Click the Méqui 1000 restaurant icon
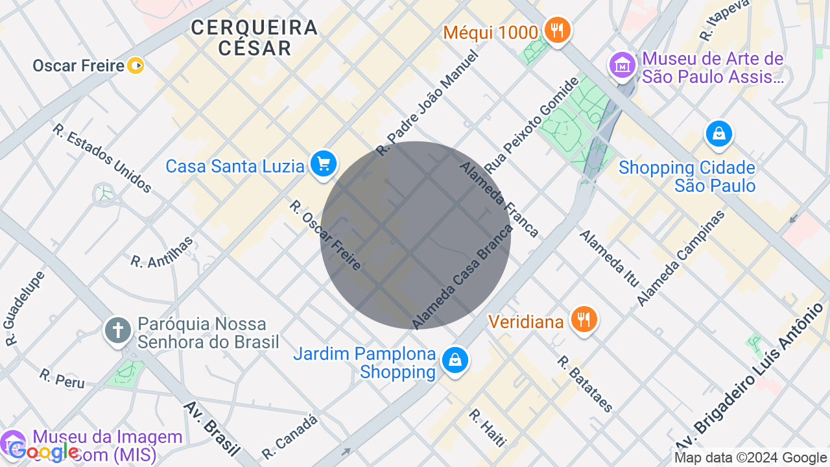[x=556, y=30]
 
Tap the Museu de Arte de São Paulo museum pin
[x=622, y=65]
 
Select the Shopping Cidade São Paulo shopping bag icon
[x=718, y=134]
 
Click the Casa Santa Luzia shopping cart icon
[x=323, y=164]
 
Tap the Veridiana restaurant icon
[x=584, y=319]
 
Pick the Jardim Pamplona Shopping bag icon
[x=455, y=360]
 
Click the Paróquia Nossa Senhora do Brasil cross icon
[x=118, y=330]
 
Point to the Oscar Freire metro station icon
[x=136, y=66]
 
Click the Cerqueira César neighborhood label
[x=254, y=37]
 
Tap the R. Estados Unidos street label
[x=102, y=158]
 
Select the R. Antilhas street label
[x=163, y=252]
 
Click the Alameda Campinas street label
[x=680, y=257]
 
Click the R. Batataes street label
[x=585, y=383]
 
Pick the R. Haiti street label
[x=487, y=427]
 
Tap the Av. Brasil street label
[x=211, y=428]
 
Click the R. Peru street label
[x=62, y=378]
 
